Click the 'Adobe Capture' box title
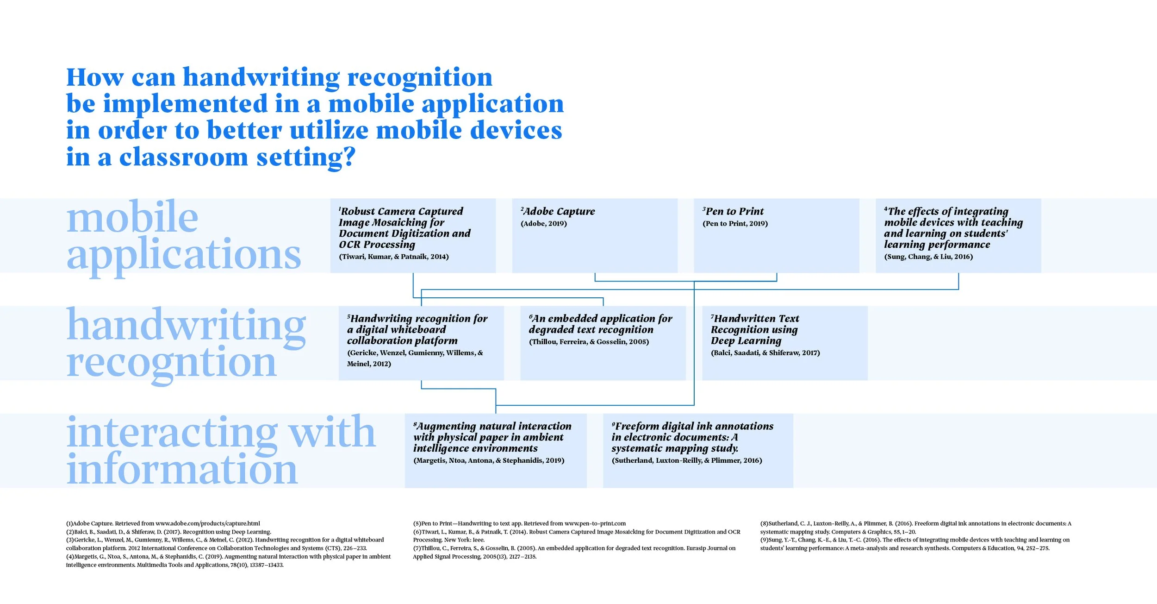click(x=558, y=212)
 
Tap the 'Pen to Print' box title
click(x=734, y=212)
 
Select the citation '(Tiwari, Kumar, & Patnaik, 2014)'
click(x=394, y=257)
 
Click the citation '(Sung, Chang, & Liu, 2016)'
click(x=928, y=257)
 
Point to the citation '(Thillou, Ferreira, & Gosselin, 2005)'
click(x=589, y=342)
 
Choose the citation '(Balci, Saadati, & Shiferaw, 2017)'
click(x=765, y=353)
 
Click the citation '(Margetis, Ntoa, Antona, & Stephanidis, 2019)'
click(x=489, y=460)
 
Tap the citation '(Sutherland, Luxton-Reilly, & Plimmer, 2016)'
click(x=687, y=460)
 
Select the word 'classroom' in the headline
click(x=184, y=157)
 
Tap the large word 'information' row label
click(x=182, y=470)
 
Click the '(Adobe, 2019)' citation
click(x=544, y=224)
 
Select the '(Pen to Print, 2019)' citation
click(x=735, y=224)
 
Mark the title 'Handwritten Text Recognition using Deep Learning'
click(x=754, y=330)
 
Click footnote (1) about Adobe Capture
click(x=163, y=523)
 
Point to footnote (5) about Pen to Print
click(x=519, y=523)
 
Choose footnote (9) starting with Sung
click(x=914, y=544)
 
